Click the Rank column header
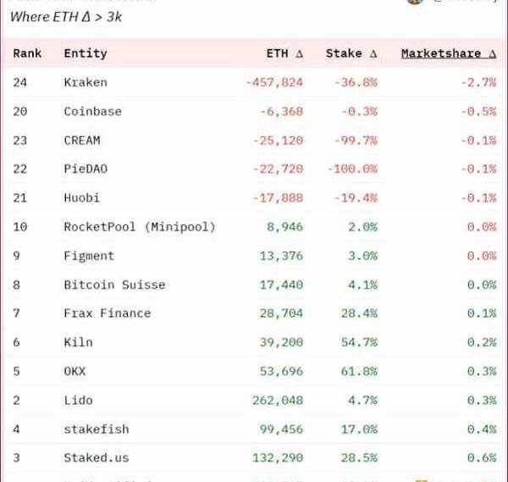(27, 53)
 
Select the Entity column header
(85, 53)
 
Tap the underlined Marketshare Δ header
(448, 53)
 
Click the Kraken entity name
(85, 82)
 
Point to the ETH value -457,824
(274, 82)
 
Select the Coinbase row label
(92, 111)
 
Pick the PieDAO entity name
(85, 169)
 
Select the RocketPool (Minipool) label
(139, 226)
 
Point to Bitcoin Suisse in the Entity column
(114, 285)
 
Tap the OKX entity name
(75, 371)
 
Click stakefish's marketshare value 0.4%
(485, 429)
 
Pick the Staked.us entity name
(96, 457)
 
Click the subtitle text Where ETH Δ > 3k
(66, 16)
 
